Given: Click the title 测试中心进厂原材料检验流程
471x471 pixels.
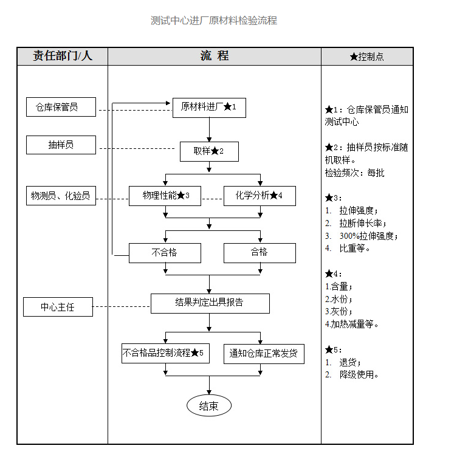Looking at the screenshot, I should click(x=214, y=21).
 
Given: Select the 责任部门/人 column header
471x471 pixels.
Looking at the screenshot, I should click(x=63, y=57).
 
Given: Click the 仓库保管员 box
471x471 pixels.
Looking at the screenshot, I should click(x=61, y=108).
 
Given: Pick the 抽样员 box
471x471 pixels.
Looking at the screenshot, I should click(x=61, y=145).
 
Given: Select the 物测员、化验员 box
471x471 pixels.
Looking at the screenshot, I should click(x=61, y=196).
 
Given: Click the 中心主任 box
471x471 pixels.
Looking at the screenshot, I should click(x=58, y=307).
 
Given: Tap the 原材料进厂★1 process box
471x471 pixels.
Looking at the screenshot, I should click(x=208, y=108).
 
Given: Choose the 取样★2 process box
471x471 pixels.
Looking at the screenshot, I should click(x=208, y=151).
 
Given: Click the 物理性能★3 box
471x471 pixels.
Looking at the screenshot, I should click(x=165, y=196).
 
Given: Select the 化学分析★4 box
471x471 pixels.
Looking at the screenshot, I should click(x=260, y=196).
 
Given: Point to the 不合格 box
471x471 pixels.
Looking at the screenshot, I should click(x=165, y=252).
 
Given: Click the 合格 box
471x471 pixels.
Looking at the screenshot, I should click(x=260, y=252).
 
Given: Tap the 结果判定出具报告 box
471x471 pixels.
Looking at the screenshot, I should click(x=210, y=303).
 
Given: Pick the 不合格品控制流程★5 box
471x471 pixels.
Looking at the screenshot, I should click(x=165, y=353).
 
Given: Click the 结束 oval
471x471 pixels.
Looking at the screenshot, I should click(x=208, y=406).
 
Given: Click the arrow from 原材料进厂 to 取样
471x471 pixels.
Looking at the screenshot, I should click(x=209, y=129).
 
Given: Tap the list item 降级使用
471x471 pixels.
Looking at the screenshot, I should click(x=359, y=375).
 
